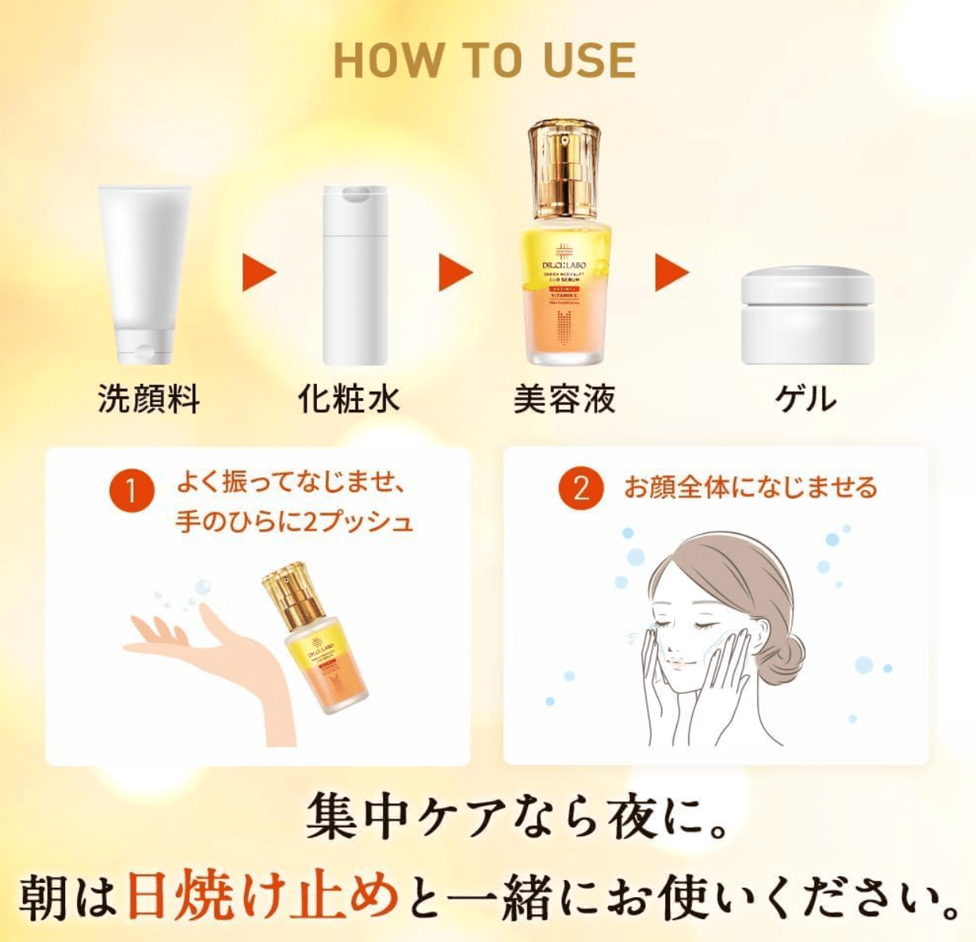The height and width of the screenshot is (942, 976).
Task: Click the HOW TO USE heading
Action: click(485, 60)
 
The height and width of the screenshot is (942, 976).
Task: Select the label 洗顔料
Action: click(149, 399)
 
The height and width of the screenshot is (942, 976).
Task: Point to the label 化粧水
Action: click(349, 399)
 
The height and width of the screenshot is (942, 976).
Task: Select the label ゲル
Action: click(807, 399)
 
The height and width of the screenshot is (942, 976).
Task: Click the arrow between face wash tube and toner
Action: click(259, 272)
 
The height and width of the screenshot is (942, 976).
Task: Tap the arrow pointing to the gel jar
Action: click(672, 272)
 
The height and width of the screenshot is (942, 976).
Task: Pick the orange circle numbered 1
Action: click(131, 490)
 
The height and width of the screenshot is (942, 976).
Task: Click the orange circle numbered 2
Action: click(581, 488)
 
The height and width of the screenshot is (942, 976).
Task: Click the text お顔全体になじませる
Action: click(750, 487)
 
